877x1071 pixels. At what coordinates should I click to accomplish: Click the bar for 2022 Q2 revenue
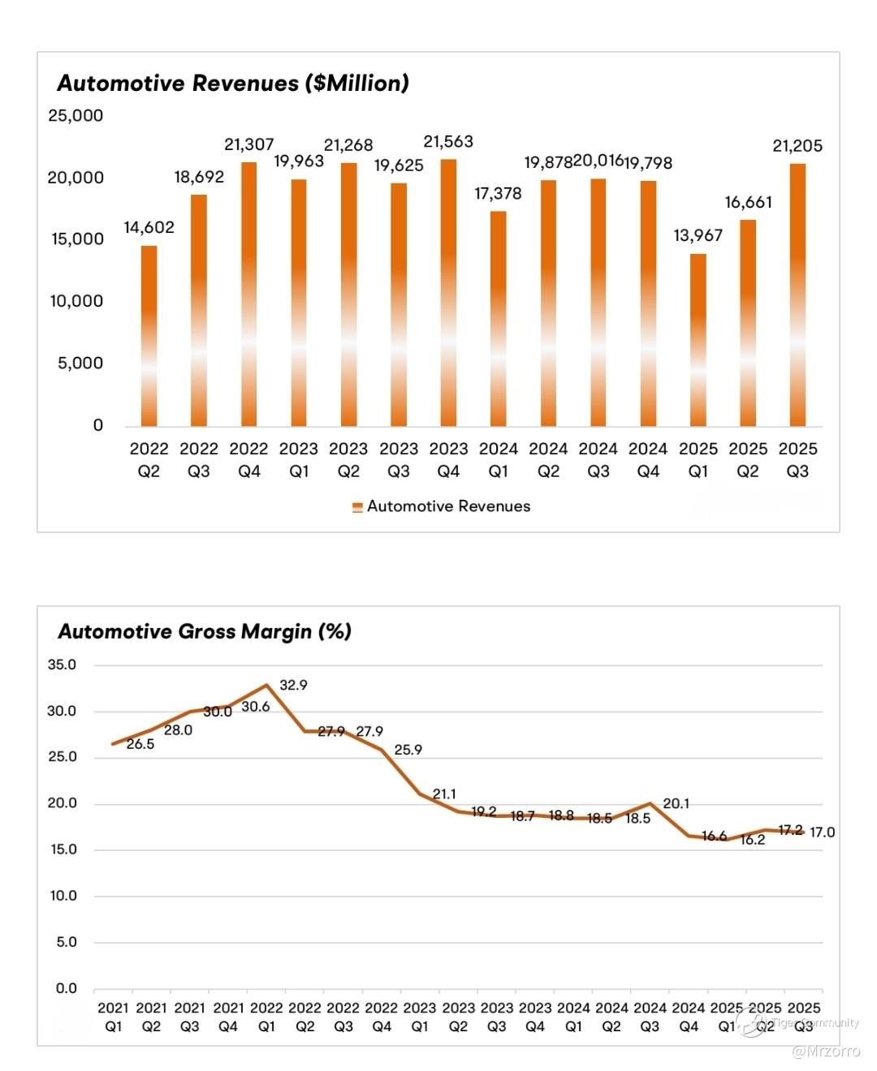tap(149, 336)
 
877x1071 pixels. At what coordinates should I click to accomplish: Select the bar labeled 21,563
tap(448, 292)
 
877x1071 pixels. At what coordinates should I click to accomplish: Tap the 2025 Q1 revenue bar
tap(698, 341)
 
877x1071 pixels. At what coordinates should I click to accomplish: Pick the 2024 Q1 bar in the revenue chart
tap(498, 319)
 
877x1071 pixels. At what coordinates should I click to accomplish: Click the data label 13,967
tap(698, 235)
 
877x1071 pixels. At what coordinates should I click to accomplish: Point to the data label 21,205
tap(797, 146)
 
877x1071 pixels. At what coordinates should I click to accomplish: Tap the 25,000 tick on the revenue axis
tap(76, 115)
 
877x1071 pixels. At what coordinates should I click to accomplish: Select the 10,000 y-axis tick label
tap(76, 301)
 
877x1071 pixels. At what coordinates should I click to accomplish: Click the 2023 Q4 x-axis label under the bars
tap(448, 460)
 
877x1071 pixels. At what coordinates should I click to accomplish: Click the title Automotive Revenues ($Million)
tap(233, 83)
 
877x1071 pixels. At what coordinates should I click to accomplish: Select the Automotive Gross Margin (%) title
tap(205, 631)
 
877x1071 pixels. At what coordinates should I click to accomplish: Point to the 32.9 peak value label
tap(293, 685)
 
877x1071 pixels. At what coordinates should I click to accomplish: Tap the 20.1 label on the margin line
tap(676, 803)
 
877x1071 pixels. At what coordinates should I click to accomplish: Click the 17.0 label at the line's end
tap(822, 832)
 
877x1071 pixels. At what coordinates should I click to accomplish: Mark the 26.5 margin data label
tap(140, 744)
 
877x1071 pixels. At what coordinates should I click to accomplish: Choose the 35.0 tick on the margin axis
tap(62, 665)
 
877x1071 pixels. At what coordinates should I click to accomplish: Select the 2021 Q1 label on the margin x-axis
tap(114, 1017)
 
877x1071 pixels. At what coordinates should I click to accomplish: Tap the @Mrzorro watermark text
tap(826, 1052)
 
